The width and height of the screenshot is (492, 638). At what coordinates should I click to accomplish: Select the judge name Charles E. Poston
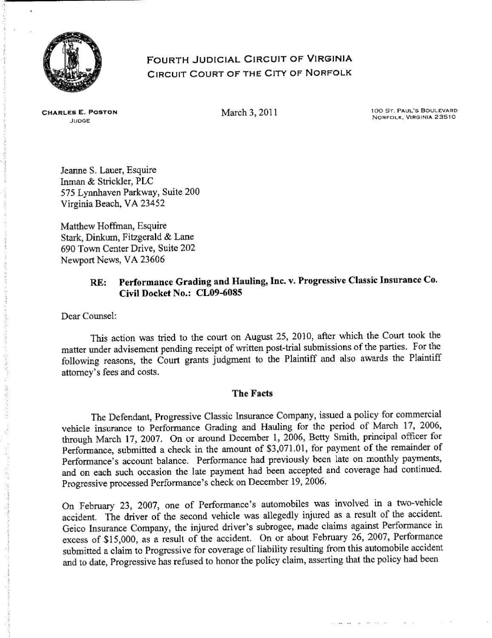click(79, 113)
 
